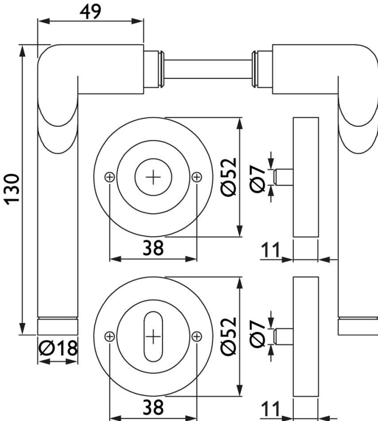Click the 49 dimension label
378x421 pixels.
click(x=90, y=11)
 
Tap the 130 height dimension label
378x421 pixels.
click(x=12, y=189)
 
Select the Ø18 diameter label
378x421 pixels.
click(x=58, y=348)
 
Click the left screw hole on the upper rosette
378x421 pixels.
click(x=109, y=177)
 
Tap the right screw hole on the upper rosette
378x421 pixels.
click(x=197, y=177)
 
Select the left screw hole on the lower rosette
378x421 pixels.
click(x=109, y=336)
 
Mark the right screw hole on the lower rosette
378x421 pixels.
click(x=197, y=336)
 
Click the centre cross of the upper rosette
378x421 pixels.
click(x=153, y=177)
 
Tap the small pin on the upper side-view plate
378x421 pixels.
click(x=284, y=177)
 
